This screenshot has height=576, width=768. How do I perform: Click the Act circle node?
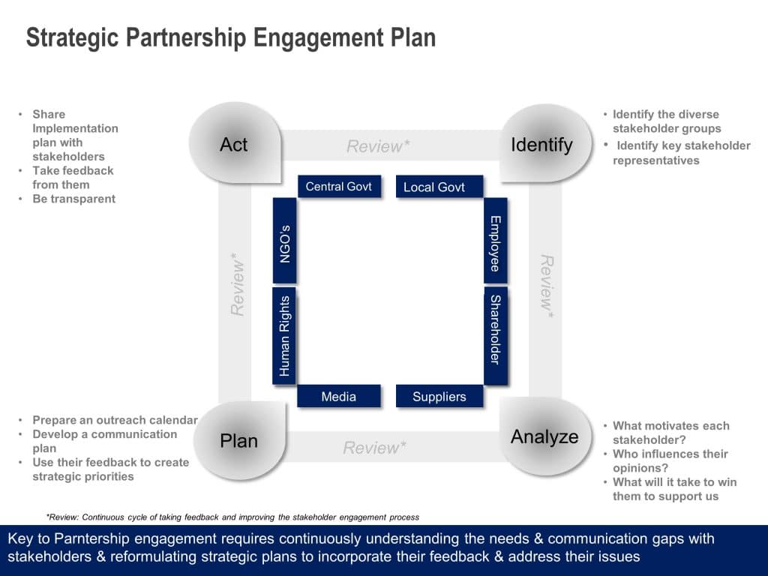pyautogui.click(x=234, y=145)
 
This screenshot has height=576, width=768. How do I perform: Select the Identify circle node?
pyautogui.click(x=541, y=145)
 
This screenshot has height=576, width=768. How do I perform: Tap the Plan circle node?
pyautogui.click(x=239, y=441)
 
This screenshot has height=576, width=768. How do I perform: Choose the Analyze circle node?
pyautogui.click(x=544, y=436)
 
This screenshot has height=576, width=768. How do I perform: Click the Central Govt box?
pyautogui.click(x=339, y=187)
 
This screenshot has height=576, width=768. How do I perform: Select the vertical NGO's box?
pyautogui.click(x=285, y=241)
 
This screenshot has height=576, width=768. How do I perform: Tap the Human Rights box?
pyautogui.click(x=285, y=335)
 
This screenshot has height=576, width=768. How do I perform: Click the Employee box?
pyautogui.click(x=495, y=241)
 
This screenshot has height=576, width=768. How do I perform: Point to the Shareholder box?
pyautogui.click(x=495, y=329)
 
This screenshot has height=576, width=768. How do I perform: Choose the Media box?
pyautogui.click(x=339, y=397)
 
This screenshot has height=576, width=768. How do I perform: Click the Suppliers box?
pyautogui.click(x=439, y=397)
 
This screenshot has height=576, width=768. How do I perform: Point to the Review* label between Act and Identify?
pyautogui.click(x=378, y=146)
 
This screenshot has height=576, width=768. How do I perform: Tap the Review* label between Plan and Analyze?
pyautogui.click(x=375, y=448)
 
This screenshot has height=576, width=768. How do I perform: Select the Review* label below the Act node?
pyautogui.click(x=238, y=286)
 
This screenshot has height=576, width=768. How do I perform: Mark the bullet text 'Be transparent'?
pyautogui.click(x=73, y=199)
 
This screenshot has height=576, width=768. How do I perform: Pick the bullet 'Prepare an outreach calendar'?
pyautogui.click(x=115, y=420)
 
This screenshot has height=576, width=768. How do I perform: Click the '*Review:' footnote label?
pyautogui.click(x=62, y=517)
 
